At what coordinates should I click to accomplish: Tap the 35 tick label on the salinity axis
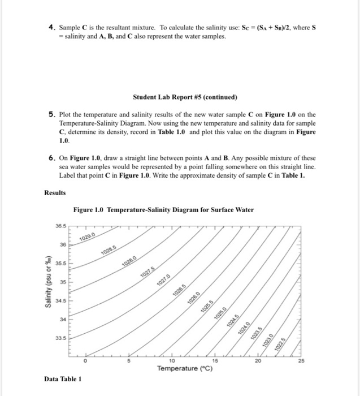point(63,281)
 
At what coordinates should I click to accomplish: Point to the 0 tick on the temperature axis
point(86,360)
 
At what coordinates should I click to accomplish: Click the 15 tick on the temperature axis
point(214,360)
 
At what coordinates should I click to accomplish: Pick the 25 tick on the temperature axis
point(300,360)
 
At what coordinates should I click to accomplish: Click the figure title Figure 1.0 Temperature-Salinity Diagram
point(163,210)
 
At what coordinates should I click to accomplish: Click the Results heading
point(55,192)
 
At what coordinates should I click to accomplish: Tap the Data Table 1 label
point(62,380)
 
